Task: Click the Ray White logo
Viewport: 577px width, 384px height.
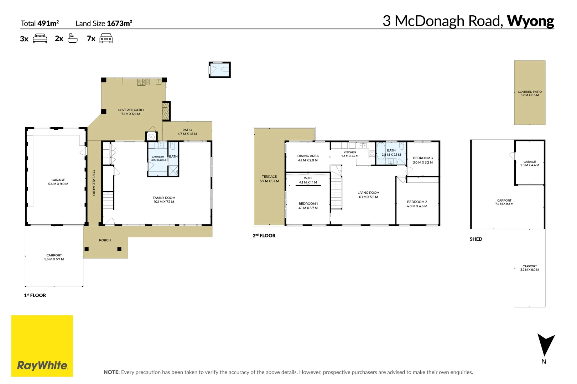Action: point(42,346)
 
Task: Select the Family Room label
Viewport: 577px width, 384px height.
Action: point(164,199)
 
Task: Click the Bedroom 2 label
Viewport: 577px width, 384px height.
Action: point(417,204)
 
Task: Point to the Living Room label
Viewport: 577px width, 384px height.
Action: point(368,195)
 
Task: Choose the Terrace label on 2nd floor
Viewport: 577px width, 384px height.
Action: point(269,179)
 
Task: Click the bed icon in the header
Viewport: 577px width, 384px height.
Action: point(40,38)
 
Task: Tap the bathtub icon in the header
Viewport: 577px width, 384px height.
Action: point(72,38)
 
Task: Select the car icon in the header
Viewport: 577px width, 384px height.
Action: point(106,38)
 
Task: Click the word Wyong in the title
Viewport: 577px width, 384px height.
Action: point(530,21)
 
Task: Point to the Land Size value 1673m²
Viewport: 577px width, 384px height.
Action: point(119,23)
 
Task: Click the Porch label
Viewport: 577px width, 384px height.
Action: point(105,240)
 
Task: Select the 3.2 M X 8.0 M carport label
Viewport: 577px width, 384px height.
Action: point(530,268)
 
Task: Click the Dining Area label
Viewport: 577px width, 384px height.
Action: point(308,158)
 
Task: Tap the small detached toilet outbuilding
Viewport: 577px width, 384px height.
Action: point(219,70)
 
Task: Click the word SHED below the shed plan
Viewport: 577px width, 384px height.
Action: point(476,239)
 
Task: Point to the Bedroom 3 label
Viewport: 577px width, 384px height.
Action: point(423,160)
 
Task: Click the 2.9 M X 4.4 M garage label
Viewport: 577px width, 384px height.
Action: point(530,165)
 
